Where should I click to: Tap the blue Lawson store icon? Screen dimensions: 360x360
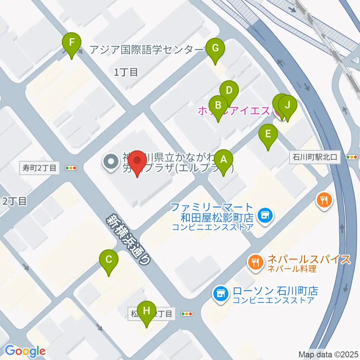220,293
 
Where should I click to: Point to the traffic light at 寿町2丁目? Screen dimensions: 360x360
71,168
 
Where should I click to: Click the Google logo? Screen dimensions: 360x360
25,351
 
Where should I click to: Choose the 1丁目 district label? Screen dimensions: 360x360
126,72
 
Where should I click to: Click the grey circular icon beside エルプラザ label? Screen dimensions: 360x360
111,162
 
